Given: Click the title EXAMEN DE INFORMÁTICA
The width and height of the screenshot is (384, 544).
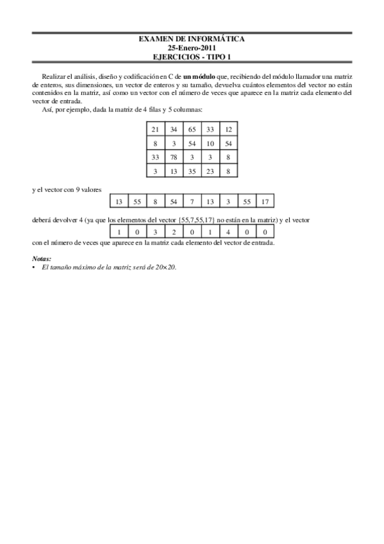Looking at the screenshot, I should coord(192,39).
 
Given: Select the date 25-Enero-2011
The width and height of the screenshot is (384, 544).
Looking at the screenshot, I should coord(192,47).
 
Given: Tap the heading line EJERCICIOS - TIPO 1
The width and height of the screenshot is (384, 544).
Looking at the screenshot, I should coord(192,56).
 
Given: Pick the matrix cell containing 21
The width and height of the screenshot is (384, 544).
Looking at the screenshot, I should coord(155,130).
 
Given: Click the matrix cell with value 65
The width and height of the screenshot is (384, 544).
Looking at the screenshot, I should coord(192,130).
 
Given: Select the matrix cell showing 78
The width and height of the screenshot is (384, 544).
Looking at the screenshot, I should coord(173,157).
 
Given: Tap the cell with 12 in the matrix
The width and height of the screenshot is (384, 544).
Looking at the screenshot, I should coord(228,130).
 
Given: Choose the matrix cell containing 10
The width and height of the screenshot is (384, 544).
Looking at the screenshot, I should coord(210,143).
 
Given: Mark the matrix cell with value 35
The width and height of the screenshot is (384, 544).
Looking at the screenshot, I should coord(192,171).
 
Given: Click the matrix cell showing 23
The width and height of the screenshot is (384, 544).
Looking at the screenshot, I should coord(210,171).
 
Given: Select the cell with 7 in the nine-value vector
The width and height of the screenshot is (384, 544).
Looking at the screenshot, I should coord(192,202).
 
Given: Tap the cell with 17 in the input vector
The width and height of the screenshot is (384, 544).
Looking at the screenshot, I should coord(265,202).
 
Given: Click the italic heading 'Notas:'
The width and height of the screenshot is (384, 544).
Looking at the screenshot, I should coord(41,259).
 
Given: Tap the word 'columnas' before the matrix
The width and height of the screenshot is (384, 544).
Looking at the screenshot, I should coord(188,110).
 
